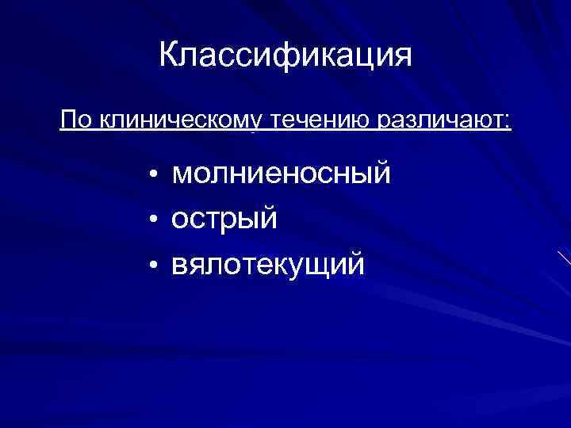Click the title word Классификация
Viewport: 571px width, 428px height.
click(285, 55)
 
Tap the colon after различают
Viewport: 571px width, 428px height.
click(508, 122)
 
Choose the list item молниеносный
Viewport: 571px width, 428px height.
click(282, 173)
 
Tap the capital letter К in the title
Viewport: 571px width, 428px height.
click(169, 55)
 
